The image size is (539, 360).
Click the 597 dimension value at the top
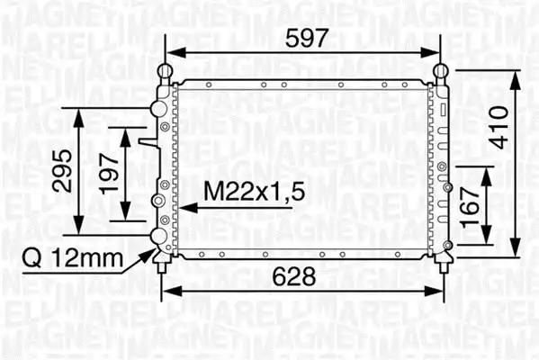(307, 38)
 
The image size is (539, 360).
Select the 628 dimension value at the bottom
(294, 276)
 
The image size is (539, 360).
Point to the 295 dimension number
(62, 170)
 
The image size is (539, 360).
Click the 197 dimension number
(108, 174)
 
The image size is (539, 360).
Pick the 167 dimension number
(470, 208)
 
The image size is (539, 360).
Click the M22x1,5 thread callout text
(255, 191)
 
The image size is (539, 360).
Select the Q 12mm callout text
(72, 258)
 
